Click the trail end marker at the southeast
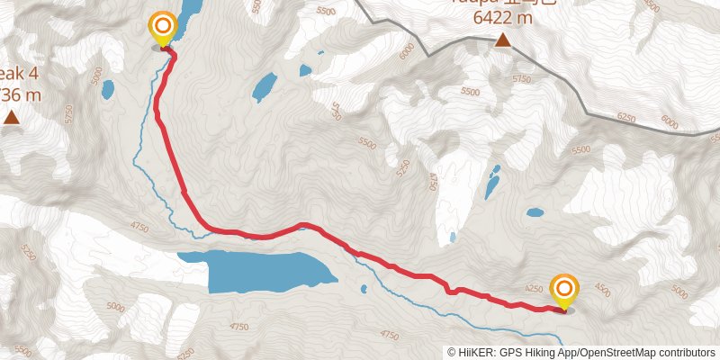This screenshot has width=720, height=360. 564,291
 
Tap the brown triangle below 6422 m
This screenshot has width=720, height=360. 502,40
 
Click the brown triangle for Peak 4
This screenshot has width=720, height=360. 11,117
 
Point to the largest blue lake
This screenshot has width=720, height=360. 261,270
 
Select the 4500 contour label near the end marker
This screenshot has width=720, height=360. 602,292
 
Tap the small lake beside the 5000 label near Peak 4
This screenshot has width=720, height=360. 108,89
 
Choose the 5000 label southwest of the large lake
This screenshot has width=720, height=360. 116,307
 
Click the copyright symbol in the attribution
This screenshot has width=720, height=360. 452,353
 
